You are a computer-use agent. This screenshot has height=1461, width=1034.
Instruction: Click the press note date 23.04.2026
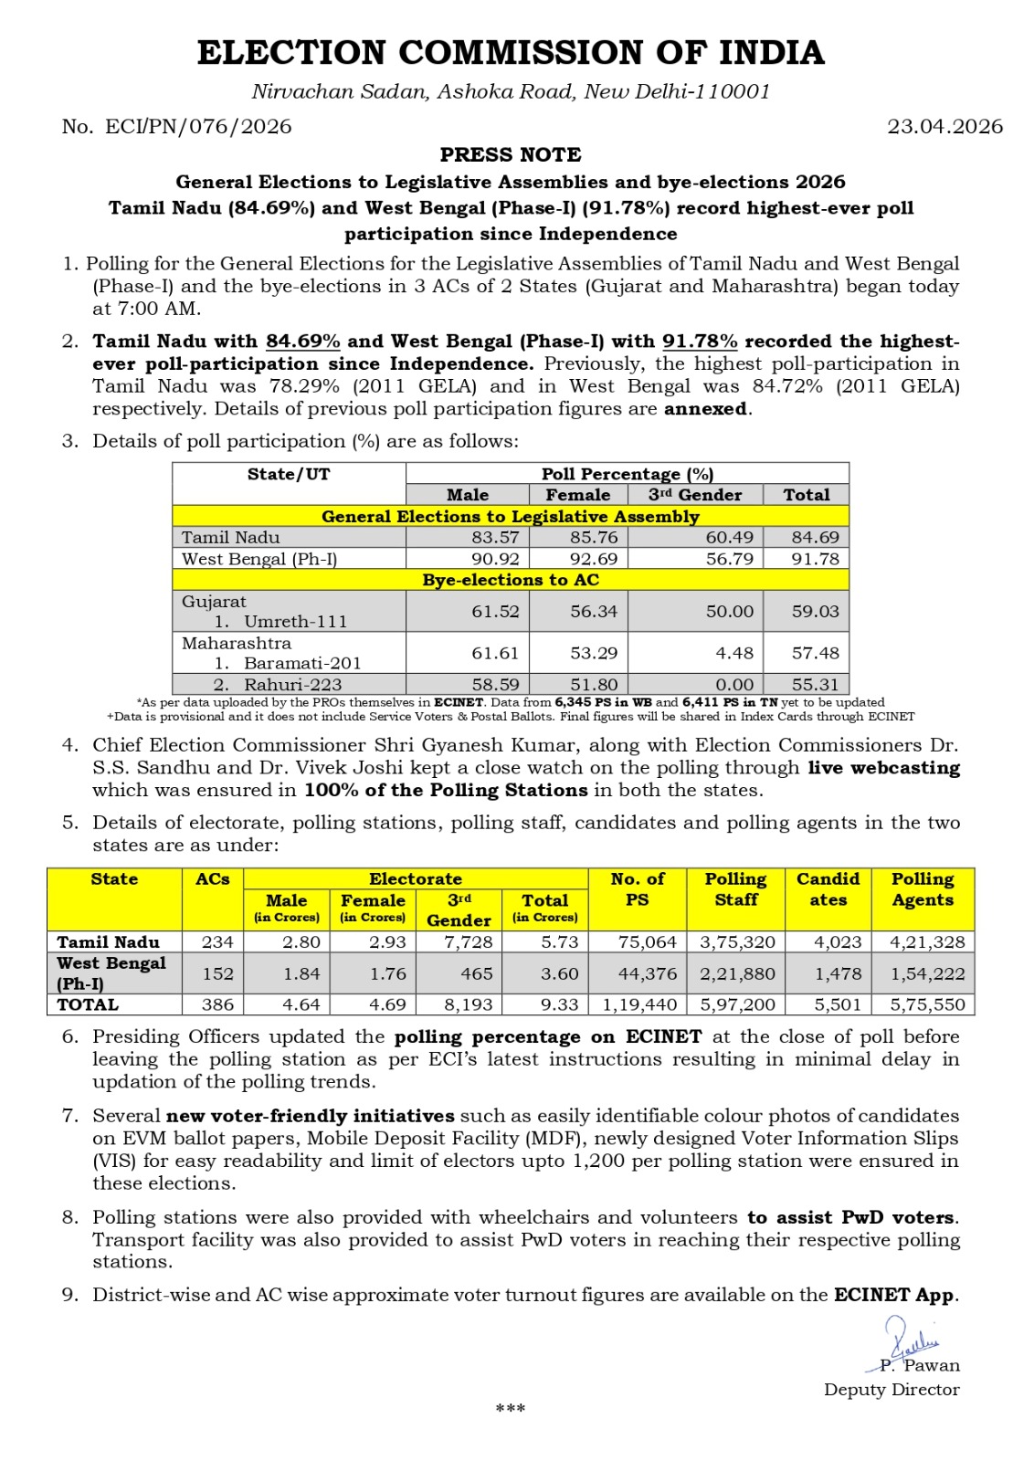[944, 127]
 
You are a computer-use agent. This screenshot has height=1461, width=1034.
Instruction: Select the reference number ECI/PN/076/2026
[198, 127]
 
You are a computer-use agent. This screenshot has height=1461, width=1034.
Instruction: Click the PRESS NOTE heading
[511, 155]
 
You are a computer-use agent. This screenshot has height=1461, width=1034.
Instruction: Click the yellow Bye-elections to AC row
[511, 580]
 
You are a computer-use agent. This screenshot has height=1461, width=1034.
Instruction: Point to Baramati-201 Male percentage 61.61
[495, 653]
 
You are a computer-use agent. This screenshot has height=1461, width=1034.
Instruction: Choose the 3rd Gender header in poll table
[695, 495]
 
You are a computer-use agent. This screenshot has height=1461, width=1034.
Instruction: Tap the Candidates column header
[828, 889]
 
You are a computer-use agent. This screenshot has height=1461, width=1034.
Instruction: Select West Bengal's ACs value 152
[218, 973]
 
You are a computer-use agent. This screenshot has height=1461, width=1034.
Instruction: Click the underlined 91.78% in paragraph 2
[700, 342]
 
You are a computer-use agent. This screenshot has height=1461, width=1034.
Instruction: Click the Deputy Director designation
[892, 1390]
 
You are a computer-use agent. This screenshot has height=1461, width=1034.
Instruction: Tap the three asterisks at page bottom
[511, 1409]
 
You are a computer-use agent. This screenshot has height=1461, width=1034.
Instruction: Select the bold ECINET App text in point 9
[895, 1296]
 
